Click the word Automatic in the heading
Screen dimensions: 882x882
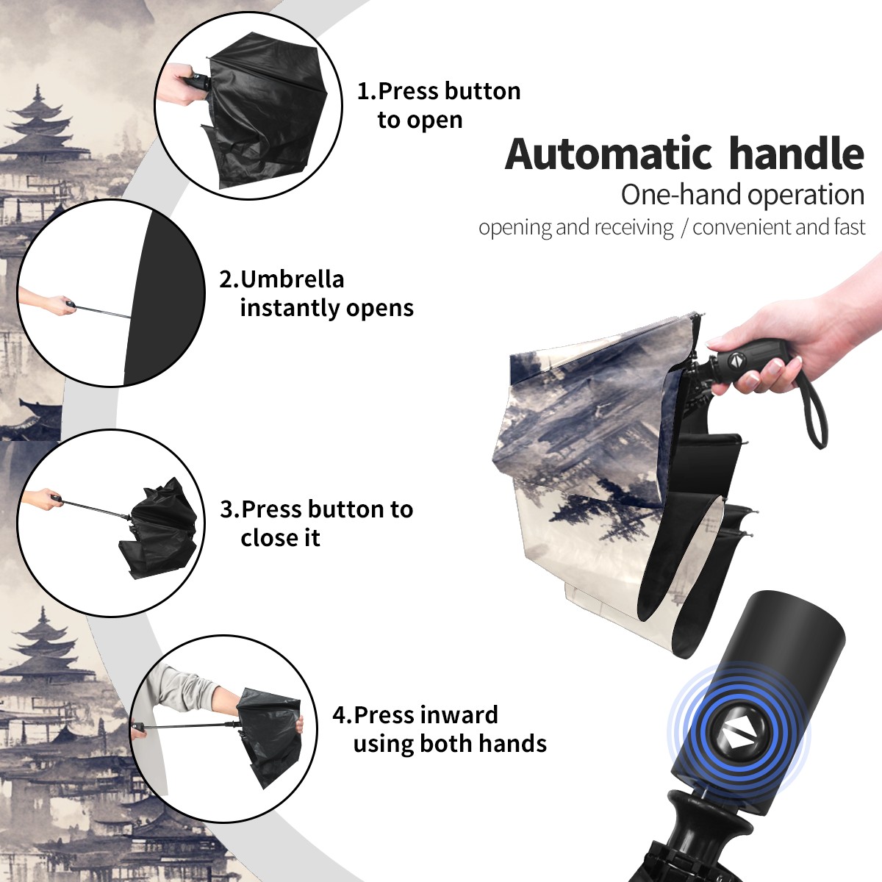pos(608,154)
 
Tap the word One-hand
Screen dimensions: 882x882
pos(682,195)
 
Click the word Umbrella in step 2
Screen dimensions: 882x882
pos(292,279)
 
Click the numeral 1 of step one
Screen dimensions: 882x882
pos(362,92)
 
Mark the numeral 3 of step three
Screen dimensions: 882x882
pos(226,509)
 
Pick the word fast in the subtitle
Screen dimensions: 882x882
pos(847,227)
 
